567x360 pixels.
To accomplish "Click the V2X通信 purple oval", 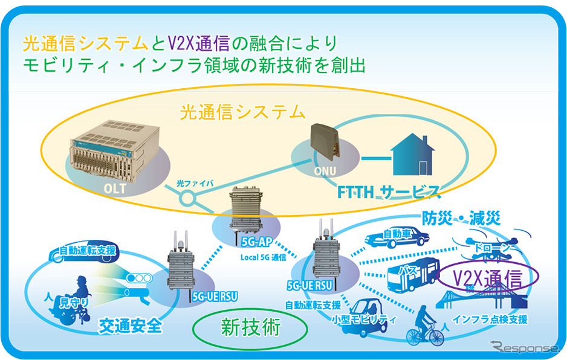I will point(488,278).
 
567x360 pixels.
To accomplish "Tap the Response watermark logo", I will point(524,347).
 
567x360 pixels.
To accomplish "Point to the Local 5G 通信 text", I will point(264,257).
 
